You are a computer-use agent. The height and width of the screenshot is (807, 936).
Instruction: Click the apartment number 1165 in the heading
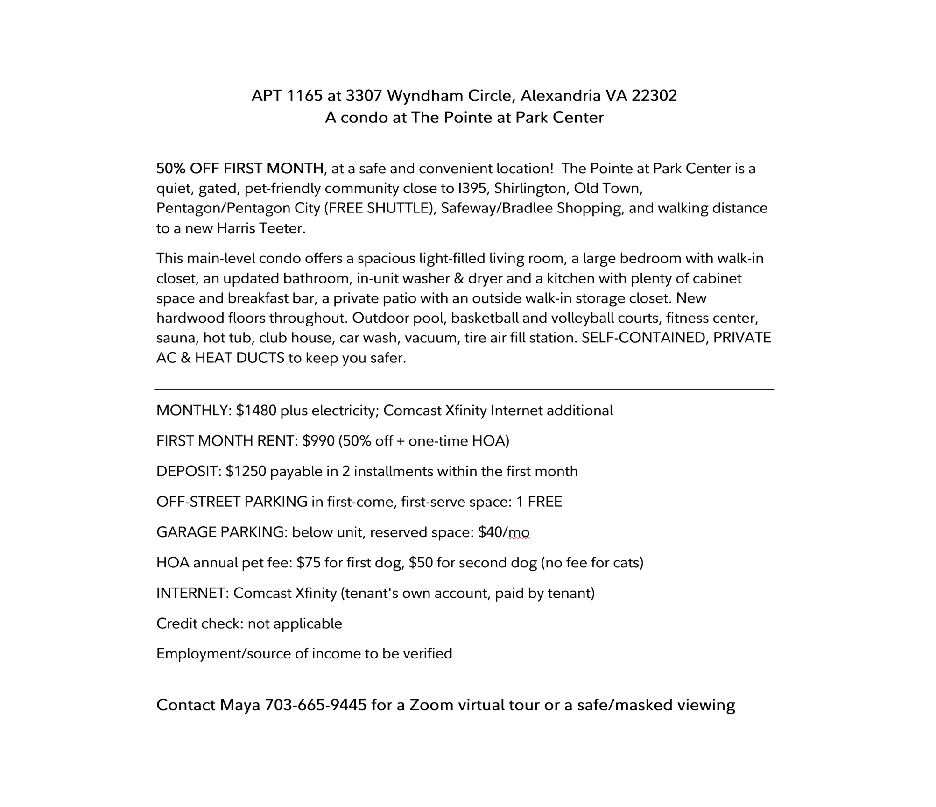pyautogui.click(x=304, y=96)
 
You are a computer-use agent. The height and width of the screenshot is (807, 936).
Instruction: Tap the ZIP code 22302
pyautogui.click(x=654, y=96)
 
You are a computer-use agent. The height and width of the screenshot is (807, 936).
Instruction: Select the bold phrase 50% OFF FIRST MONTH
pyautogui.click(x=240, y=168)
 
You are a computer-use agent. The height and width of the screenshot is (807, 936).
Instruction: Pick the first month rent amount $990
pyautogui.click(x=318, y=441)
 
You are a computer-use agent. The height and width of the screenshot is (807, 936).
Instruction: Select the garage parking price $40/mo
pyautogui.click(x=504, y=532)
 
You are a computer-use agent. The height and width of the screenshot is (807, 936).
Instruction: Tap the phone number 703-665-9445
pyautogui.click(x=316, y=705)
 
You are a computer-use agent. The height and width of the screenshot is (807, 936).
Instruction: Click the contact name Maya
pyautogui.click(x=239, y=705)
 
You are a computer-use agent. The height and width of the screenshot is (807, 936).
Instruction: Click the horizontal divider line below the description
pyautogui.click(x=464, y=389)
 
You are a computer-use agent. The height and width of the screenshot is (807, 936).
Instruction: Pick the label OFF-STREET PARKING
pyautogui.click(x=232, y=502)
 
